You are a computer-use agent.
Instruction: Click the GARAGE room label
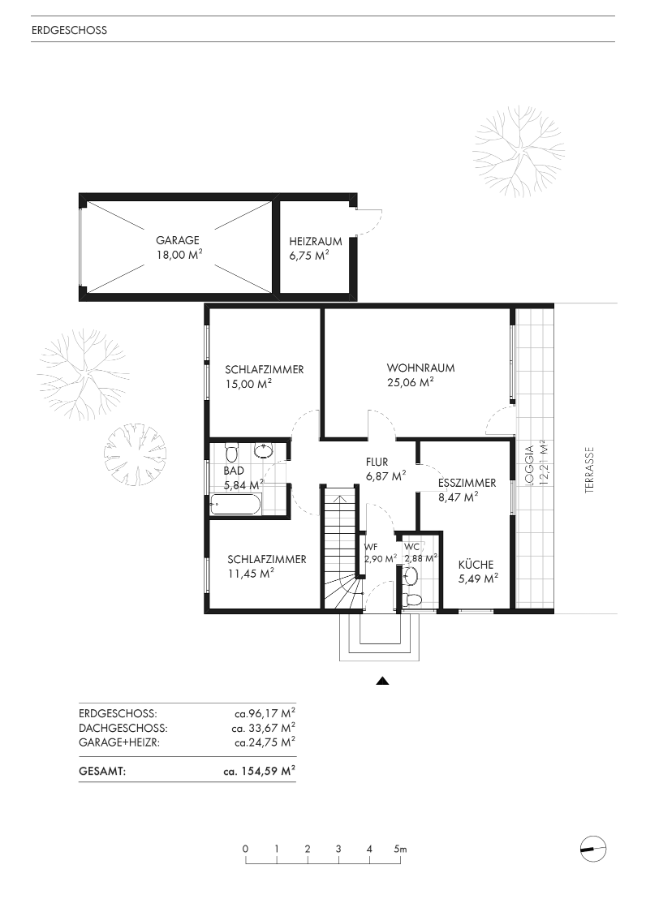coord(178,240)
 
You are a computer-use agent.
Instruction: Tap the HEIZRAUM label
coord(316,241)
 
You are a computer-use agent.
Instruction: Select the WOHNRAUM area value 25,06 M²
coord(411,382)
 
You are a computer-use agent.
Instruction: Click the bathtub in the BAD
coord(235,504)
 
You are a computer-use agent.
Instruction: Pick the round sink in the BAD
coord(265,451)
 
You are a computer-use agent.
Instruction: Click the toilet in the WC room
coord(414,600)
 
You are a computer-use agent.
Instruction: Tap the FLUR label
coord(377,462)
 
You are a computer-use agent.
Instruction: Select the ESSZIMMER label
coord(467,483)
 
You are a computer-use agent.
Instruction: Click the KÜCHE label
coord(476,564)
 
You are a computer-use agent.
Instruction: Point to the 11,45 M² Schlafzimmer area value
coord(251,574)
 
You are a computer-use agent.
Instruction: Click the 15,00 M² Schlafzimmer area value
coord(248,384)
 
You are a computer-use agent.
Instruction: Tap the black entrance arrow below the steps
coord(382,681)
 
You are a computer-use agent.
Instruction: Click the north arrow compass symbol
coord(593,849)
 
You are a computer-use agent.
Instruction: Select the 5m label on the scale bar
coord(400,850)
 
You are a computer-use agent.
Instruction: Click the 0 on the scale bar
coord(246,850)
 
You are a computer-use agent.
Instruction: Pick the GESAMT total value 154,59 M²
coord(259,772)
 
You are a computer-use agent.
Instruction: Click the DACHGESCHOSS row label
coord(123,728)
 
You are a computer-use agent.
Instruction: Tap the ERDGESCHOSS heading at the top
coord(69,30)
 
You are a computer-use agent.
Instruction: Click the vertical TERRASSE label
coord(589,470)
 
